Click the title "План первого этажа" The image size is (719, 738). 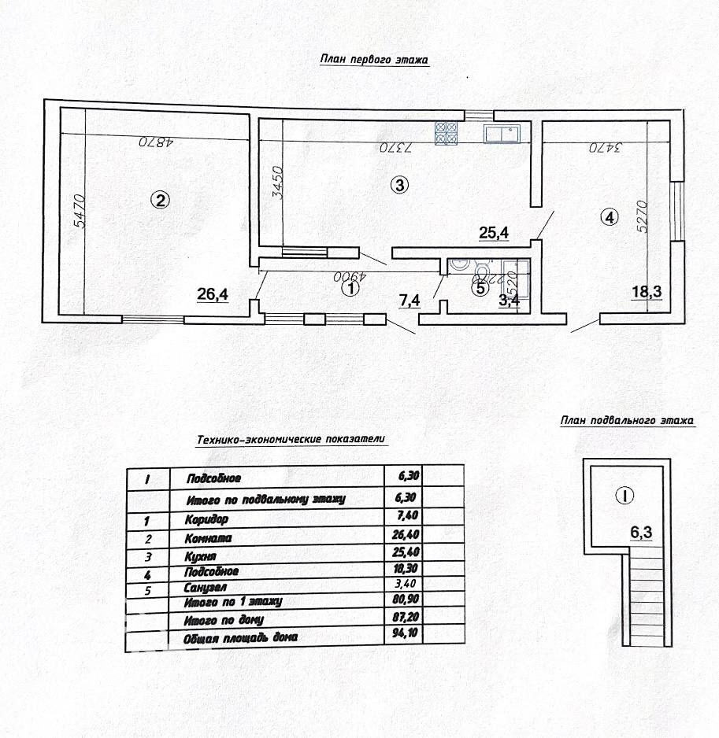374,59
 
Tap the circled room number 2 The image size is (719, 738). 160,200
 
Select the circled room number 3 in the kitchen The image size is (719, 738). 399,186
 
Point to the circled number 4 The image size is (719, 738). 608,218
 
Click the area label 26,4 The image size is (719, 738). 213,294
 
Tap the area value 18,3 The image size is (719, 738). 647,293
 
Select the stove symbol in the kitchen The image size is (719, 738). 446,133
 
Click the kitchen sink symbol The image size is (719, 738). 501,135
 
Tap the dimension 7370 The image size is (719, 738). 396,147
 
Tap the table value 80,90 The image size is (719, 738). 402,601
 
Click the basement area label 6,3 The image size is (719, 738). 641,531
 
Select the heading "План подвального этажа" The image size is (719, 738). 627,421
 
